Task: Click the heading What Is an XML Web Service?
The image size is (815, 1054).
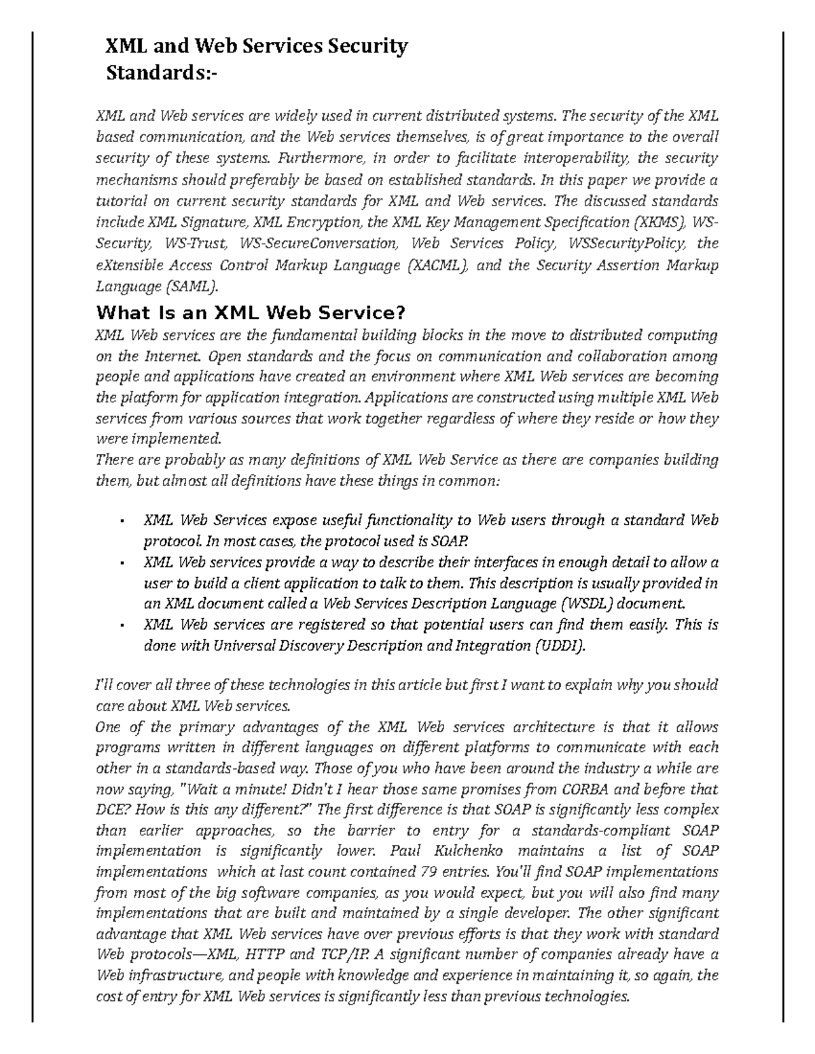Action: pyautogui.click(x=251, y=313)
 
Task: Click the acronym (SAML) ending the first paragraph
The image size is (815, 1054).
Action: pyautogui.click(x=192, y=286)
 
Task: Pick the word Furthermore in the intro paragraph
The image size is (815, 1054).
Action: pyautogui.click(x=322, y=159)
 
